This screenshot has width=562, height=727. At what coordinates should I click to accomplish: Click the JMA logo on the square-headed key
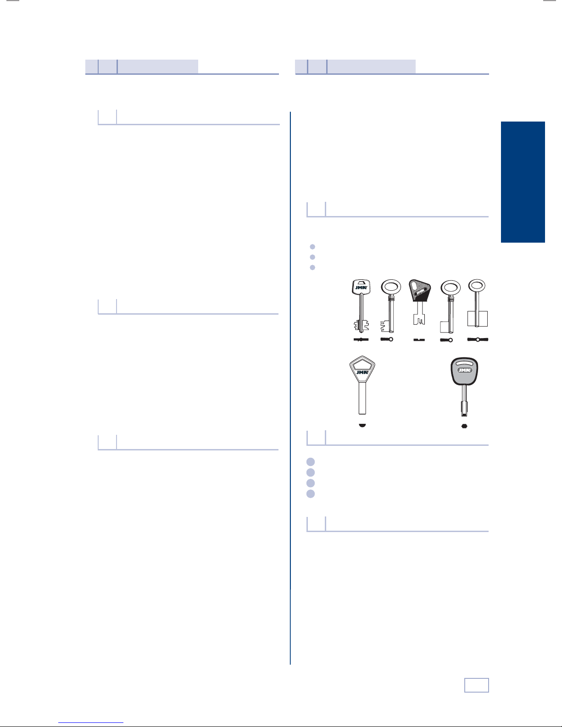click(x=361, y=288)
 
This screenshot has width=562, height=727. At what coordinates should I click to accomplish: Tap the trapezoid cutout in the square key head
click(x=362, y=283)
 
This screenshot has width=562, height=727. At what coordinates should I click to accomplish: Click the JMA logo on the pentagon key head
click(x=362, y=372)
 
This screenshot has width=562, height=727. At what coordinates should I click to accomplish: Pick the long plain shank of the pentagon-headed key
click(x=362, y=398)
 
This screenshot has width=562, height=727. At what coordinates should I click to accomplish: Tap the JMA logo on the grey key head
click(x=464, y=370)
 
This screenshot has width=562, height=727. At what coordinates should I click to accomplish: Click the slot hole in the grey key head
click(x=464, y=363)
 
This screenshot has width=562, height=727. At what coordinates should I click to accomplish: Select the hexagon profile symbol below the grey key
click(x=464, y=426)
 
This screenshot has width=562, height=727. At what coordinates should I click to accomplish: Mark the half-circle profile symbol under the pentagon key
click(x=362, y=425)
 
